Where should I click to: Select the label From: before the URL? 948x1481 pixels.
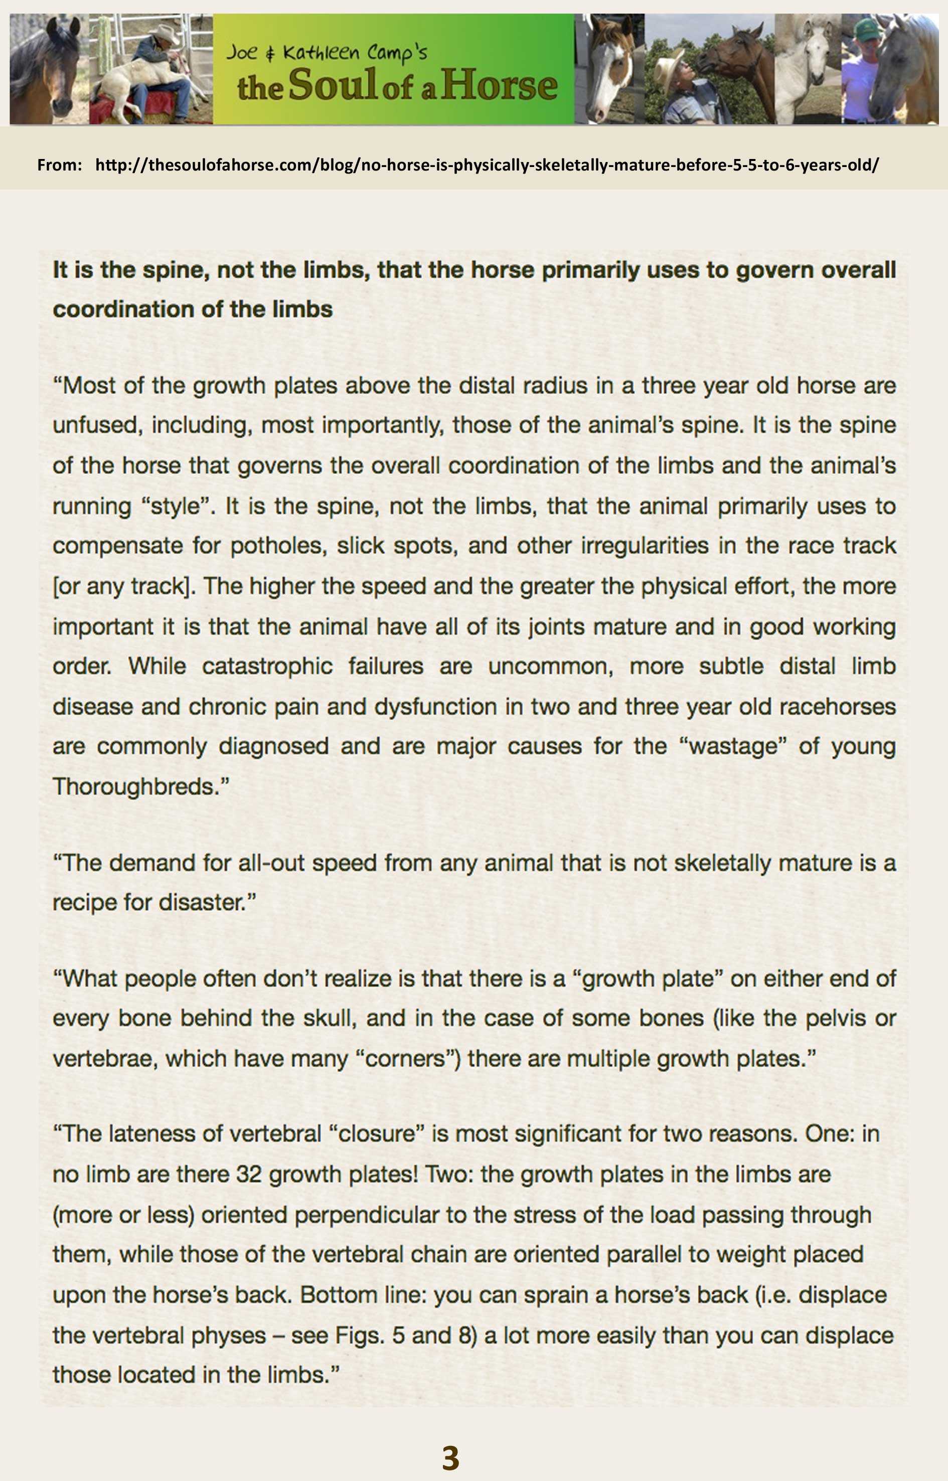(60, 165)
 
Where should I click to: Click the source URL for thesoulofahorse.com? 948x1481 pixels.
(487, 165)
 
